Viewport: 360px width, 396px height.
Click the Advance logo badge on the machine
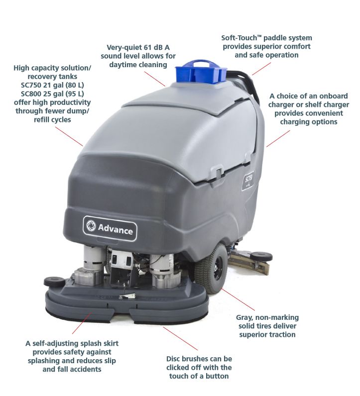110,228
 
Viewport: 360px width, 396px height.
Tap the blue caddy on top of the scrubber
201,72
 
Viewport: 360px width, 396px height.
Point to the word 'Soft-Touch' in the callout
239,38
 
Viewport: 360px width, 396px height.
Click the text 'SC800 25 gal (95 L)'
52,94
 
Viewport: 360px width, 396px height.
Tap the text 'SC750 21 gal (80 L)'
52,85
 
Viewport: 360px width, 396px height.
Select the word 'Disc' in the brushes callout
173,359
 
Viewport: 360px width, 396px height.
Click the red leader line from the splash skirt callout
82,323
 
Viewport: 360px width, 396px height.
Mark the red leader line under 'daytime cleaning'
155,79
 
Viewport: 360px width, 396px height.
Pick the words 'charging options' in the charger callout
308,122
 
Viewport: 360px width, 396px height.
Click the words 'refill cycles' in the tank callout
52,119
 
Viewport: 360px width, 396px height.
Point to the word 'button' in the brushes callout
217,376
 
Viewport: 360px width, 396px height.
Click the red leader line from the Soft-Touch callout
261,69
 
